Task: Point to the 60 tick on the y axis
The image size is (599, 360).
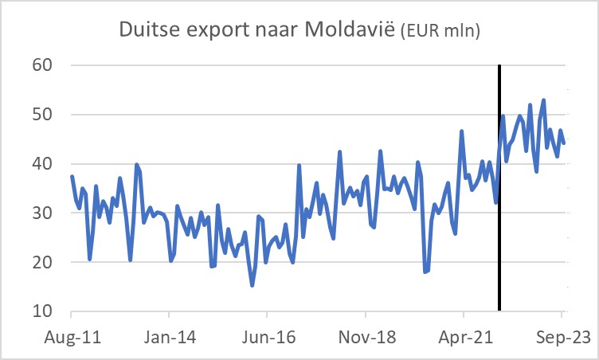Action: [x=42, y=65]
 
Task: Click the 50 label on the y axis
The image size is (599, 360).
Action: [x=42, y=115]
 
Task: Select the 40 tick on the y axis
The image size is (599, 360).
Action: [x=42, y=164]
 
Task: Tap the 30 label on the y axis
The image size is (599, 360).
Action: [x=42, y=213]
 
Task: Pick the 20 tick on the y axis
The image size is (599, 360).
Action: [x=42, y=263]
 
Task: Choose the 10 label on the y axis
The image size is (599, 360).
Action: [x=42, y=311]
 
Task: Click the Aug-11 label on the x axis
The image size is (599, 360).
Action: [x=72, y=337]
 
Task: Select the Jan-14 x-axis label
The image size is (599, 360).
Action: [x=170, y=337]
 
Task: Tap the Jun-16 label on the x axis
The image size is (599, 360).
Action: [x=268, y=337]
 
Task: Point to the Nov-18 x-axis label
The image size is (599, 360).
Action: [x=366, y=337]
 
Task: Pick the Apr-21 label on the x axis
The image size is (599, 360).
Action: [x=464, y=337]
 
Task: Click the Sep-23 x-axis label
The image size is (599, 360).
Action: [x=562, y=337]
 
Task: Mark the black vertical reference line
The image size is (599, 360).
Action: [x=499, y=239]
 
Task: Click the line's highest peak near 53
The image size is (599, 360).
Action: [x=543, y=100]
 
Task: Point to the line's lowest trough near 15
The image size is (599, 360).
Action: [x=253, y=285]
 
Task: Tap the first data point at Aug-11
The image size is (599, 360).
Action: [x=72, y=177]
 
